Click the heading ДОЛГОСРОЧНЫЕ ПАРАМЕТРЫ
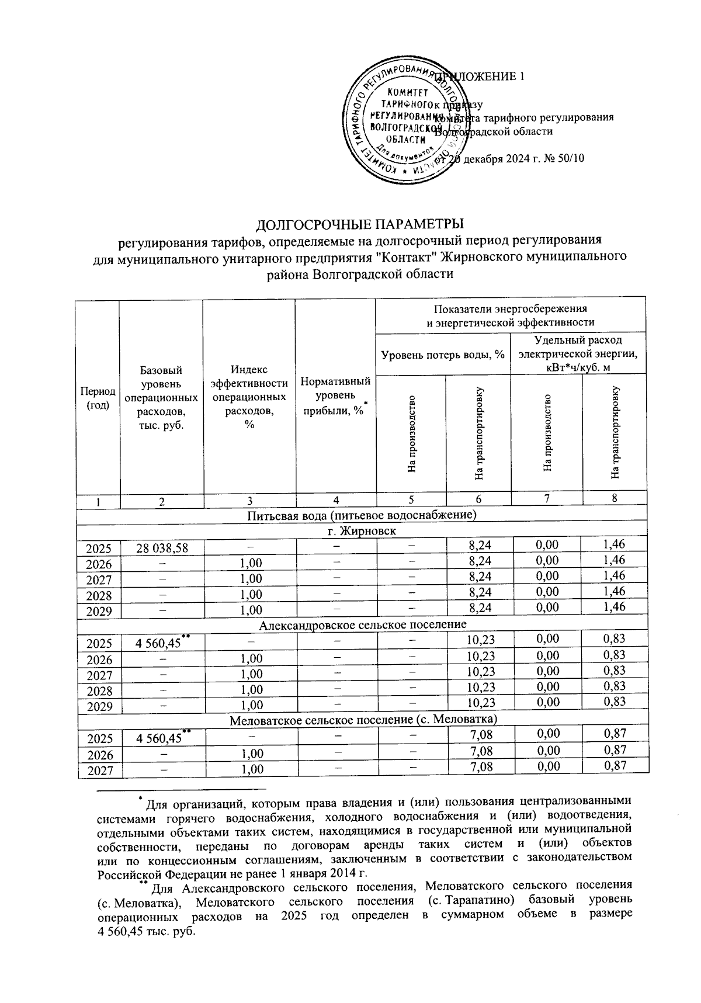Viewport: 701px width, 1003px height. click(x=360, y=225)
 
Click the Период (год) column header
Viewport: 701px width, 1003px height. click(x=98, y=398)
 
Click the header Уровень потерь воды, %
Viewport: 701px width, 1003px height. click(x=443, y=354)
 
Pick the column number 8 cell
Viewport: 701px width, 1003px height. click(x=615, y=498)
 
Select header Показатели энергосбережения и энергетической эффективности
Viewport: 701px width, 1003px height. click(x=511, y=315)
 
